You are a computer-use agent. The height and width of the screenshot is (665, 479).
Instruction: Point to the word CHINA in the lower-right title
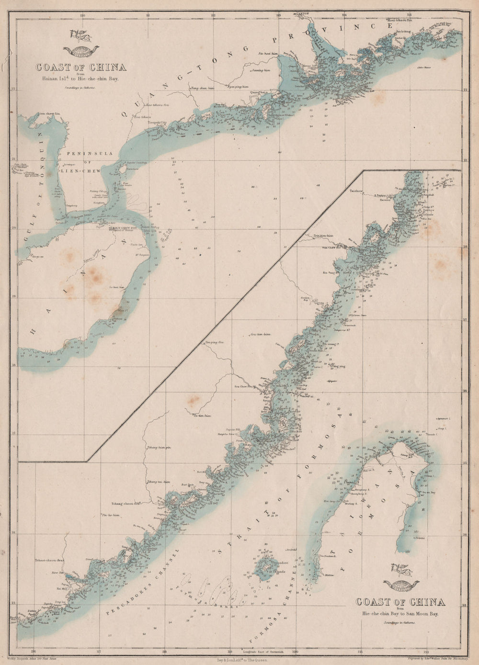click(424, 602)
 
